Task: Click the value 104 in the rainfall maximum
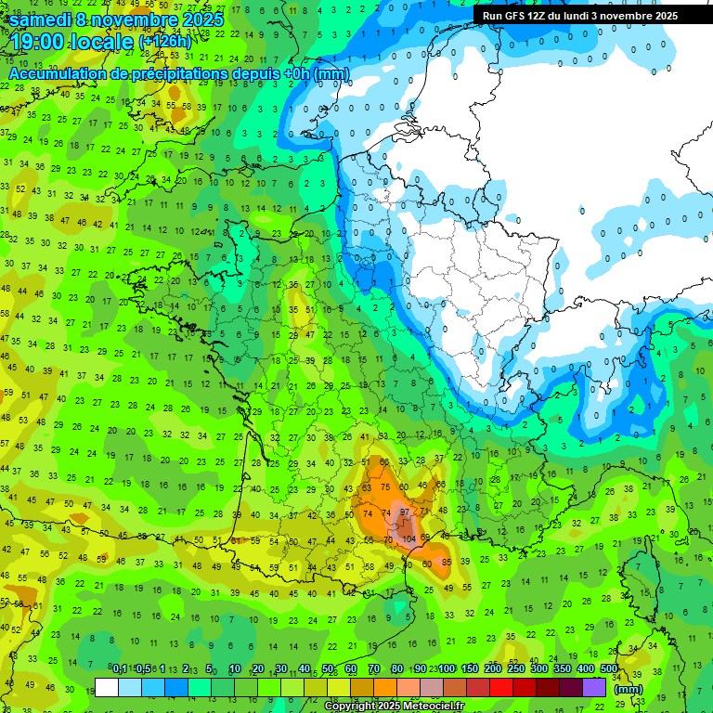pyautogui.click(x=408, y=538)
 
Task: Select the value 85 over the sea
pyautogui.click(x=447, y=562)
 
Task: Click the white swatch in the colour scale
pyautogui.click(x=107, y=687)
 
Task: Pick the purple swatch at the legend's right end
pyautogui.click(x=594, y=687)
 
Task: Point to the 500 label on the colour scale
pyautogui.click(x=608, y=668)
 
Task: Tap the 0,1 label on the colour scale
pyautogui.click(x=119, y=668)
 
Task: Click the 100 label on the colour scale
pyautogui.click(x=447, y=668)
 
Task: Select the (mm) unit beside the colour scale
pyautogui.click(x=629, y=688)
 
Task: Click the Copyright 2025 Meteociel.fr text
pyautogui.click(x=394, y=706)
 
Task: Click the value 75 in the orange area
pyautogui.click(x=385, y=487)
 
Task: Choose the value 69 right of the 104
pyautogui.click(x=426, y=538)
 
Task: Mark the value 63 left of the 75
pyautogui.click(x=367, y=487)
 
